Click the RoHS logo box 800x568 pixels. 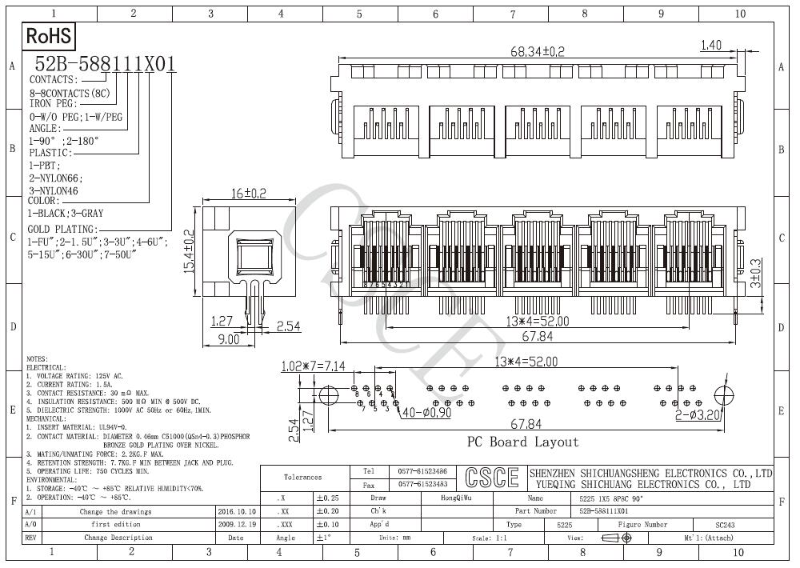click(x=50, y=36)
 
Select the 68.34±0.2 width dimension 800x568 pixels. click(x=538, y=51)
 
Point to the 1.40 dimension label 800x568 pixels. click(x=712, y=46)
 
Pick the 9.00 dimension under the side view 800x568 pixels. click(x=229, y=339)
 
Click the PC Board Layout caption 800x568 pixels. click(x=522, y=442)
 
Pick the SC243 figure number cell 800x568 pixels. click(x=725, y=525)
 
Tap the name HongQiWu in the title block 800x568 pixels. click(x=457, y=498)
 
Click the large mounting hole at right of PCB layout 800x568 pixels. click(x=723, y=395)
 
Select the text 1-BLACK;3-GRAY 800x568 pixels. click(x=66, y=214)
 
